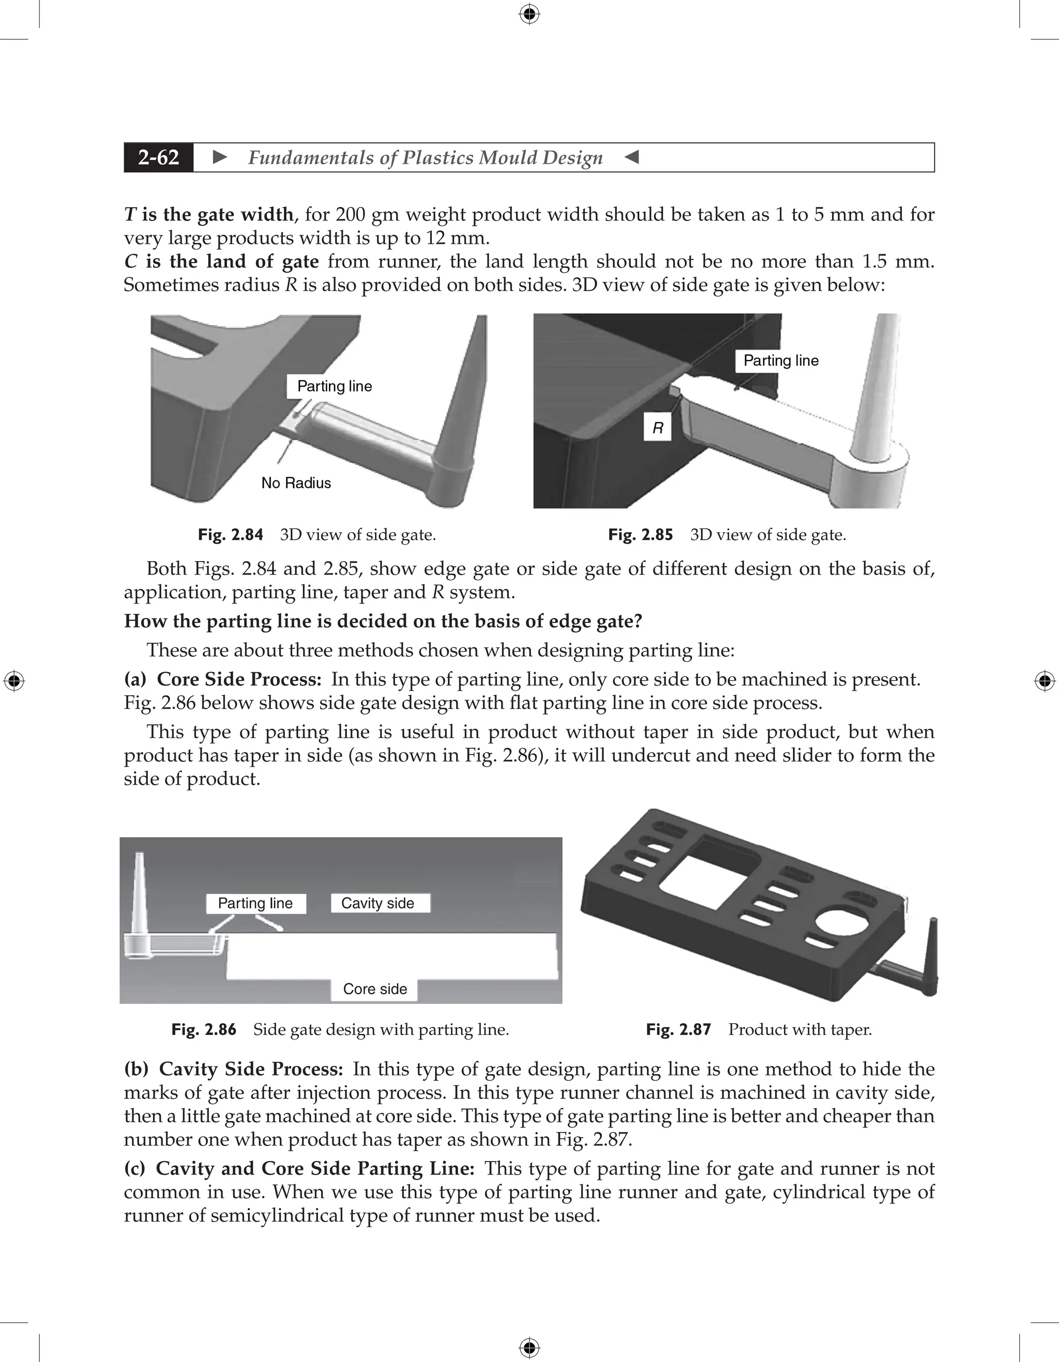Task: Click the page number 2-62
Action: point(159,157)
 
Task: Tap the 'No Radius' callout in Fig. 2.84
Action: point(296,483)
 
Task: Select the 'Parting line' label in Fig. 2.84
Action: point(334,386)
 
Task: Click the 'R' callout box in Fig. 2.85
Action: point(658,428)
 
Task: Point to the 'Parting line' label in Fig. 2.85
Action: point(781,361)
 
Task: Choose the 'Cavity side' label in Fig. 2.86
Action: point(378,903)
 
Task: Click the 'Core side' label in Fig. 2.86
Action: point(374,988)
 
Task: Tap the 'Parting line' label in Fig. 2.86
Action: point(255,903)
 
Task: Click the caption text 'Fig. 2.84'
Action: point(230,534)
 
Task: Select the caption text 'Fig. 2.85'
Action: point(640,534)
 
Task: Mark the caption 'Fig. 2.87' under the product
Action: point(678,1029)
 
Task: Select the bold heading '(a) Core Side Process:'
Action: point(223,679)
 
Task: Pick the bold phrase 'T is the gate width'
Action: point(209,214)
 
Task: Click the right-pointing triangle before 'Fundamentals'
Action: point(220,157)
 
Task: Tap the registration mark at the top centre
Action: point(529,14)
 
